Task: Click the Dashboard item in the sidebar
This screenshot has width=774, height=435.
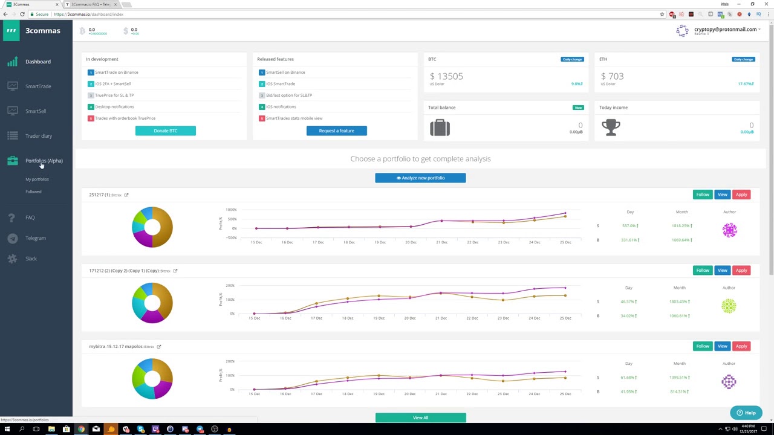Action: tap(37, 62)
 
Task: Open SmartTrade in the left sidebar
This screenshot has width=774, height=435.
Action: tap(38, 86)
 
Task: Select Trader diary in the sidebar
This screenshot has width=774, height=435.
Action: tap(39, 136)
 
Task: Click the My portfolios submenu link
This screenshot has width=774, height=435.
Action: tap(37, 179)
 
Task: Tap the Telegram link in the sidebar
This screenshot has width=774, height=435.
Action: tap(35, 238)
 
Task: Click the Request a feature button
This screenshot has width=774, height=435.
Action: tap(336, 130)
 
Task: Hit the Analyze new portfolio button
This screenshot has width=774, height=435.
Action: tap(420, 178)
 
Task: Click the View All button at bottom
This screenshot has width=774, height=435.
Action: tap(420, 417)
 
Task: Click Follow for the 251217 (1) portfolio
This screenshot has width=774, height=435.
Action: tap(702, 195)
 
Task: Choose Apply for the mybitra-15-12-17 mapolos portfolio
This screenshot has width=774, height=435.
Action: tap(741, 346)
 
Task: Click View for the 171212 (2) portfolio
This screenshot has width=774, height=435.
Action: tap(722, 270)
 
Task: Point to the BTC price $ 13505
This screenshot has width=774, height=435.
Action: tap(446, 76)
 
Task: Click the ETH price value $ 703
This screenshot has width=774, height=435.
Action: tap(612, 76)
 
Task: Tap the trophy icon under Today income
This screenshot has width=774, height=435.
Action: tap(611, 127)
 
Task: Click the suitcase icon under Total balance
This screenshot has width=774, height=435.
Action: tap(440, 127)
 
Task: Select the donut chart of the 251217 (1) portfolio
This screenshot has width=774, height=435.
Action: tap(152, 227)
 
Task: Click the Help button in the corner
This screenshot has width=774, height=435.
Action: tap(746, 413)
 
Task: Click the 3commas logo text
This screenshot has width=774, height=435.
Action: tap(42, 31)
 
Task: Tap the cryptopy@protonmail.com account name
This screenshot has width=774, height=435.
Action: tap(725, 29)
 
